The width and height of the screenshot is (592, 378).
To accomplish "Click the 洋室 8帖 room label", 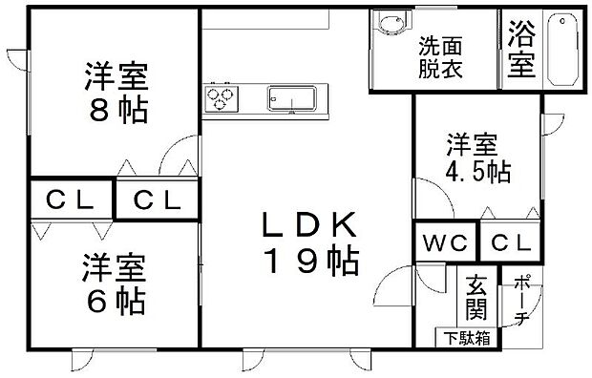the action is click(x=116, y=93).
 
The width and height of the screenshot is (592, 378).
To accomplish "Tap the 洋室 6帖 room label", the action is click(x=114, y=284).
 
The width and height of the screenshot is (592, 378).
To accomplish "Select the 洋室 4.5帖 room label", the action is click(x=478, y=157).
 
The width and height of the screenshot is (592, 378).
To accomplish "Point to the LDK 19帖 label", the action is click(x=310, y=243).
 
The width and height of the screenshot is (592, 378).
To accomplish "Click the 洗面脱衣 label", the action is click(x=440, y=57).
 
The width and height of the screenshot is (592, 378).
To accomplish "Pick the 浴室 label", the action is click(x=521, y=49).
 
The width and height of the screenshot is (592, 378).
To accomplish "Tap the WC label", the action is click(x=446, y=242).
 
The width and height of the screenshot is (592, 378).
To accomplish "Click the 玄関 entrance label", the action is click(x=476, y=298).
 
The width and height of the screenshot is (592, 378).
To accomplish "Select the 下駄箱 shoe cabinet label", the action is click(x=467, y=338).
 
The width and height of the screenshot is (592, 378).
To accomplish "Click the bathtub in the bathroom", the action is click(x=562, y=49).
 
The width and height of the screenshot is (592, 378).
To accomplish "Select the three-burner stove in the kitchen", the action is click(x=222, y=99).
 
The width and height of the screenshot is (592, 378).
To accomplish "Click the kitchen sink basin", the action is click(x=292, y=99).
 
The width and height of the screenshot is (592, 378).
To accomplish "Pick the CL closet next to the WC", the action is click(x=511, y=242).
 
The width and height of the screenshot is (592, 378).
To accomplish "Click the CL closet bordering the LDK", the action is click(x=158, y=200).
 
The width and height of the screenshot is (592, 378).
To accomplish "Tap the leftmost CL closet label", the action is click(x=70, y=200).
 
